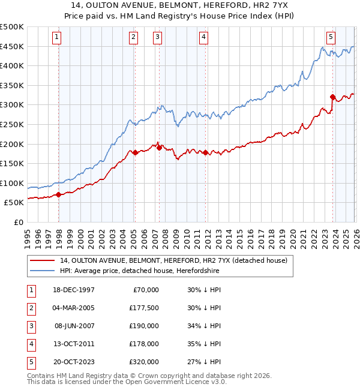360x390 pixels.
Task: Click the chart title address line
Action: click(x=180, y=5)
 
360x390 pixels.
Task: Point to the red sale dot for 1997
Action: click(x=59, y=194)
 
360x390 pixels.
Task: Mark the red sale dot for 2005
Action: click(x=135, y=152)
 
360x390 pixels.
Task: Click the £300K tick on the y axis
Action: click(x=12, y=105)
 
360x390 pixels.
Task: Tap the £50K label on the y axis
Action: click(x=14, y=203)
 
